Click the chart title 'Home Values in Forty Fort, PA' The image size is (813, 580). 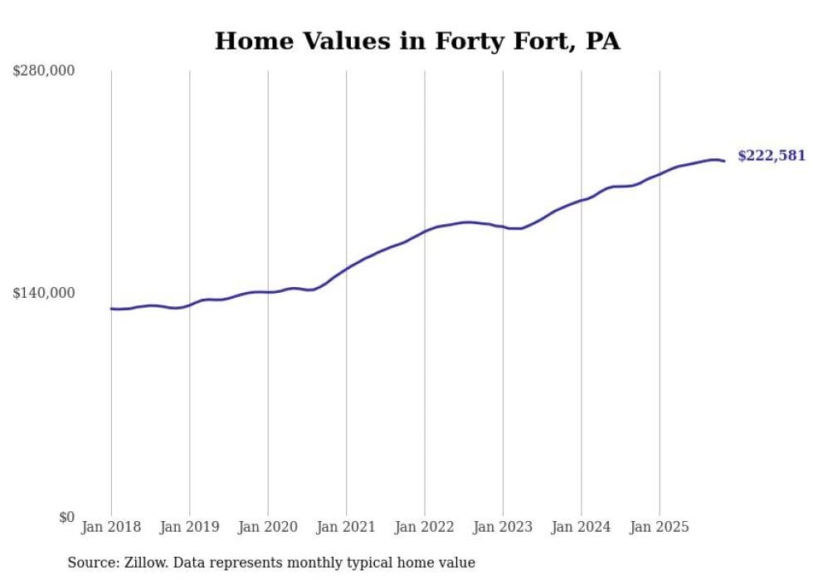(x=417, y=41)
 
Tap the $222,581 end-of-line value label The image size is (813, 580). (x=771, y=156)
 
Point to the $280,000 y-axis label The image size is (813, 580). (x=43, y=71)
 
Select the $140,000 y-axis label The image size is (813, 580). (x=43, y=293)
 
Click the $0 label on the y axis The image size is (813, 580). (x=66, y=517)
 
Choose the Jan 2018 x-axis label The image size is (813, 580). (x=111, y=527)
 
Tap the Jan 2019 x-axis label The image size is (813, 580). (x=190, y=527)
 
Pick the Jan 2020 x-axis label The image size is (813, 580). (x=268, y=527)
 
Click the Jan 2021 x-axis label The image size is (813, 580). (x=347, y=527)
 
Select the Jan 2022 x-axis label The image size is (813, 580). (x=425, y=527)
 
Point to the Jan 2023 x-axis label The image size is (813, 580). (x=503, y=527)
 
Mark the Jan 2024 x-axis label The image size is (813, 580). (x=582, y=527)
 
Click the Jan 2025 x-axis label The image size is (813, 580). (x=660, y=527)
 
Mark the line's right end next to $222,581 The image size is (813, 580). (x=724, y=161)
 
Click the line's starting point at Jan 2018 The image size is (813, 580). (x=111, y=309)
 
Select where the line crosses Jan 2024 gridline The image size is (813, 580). (x=582, y=200)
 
